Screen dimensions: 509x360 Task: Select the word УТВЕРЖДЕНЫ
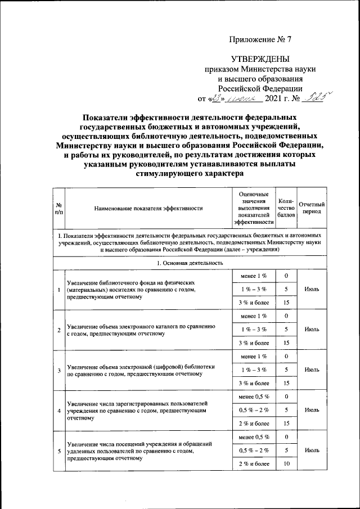point(261,59)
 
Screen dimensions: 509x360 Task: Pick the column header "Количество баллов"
point(286,208)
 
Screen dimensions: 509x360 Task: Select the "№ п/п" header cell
point(59,208)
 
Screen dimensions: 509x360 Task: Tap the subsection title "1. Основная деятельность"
point(189,263)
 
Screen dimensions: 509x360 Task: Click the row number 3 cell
point(59,370)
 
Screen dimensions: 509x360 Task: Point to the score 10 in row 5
point(286,463)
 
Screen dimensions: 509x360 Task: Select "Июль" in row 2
point(311,329)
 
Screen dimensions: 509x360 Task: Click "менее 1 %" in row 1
point(253,276)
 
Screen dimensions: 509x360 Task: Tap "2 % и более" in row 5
point(253,463)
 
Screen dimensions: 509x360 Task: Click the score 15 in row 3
point(286,383)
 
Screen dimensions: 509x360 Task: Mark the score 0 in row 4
point(286,397)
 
